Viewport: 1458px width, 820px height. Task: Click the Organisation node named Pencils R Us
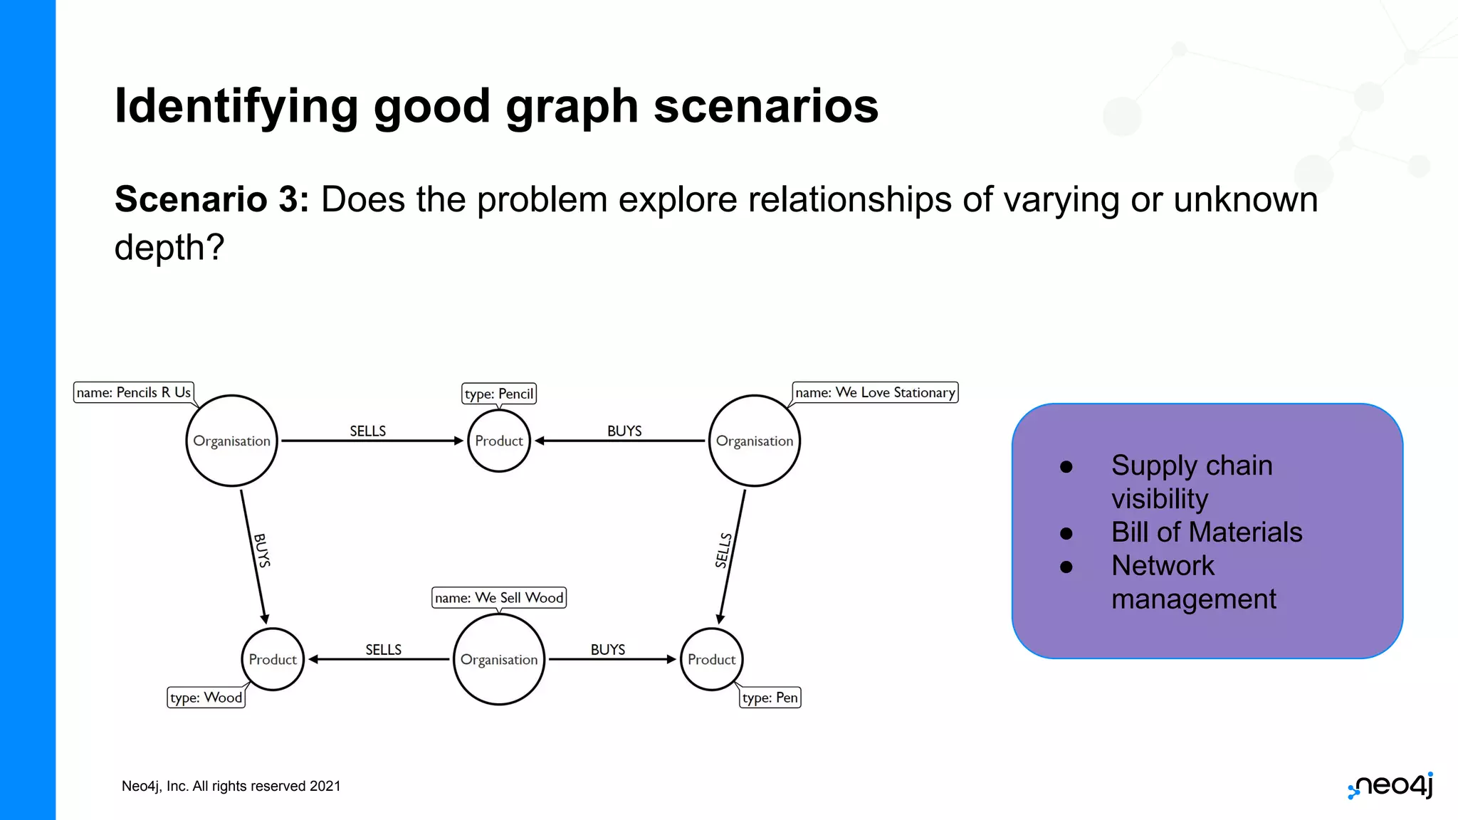[x=231, y=441]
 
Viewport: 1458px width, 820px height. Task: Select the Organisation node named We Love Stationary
[x=754, y=441]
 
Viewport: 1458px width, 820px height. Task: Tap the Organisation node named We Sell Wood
[x=498, y=659]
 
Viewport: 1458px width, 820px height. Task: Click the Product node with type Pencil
[x=498, y=441]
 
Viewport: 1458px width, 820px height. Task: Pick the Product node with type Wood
[x=272, y=659]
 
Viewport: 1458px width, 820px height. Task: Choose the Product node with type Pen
[x=711, y=659]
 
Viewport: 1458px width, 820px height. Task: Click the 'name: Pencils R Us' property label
[x=134, y=392]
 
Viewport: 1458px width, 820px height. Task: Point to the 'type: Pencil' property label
[x=498, y=394]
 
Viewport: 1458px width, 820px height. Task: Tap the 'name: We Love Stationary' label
[x=875, y=392]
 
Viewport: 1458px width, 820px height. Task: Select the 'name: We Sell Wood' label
[x=498, y=597]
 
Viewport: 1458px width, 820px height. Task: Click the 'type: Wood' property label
[x=206, y=698]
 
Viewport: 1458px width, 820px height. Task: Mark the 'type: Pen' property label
[x=770, y=698]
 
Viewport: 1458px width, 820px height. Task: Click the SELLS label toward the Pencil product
[x=367, y=431]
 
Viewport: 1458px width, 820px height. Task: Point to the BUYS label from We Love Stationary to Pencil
[x=624, y=431]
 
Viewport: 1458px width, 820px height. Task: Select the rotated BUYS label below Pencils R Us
[x=262, y=550]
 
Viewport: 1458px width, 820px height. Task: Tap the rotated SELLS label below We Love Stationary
[x=723, y=550]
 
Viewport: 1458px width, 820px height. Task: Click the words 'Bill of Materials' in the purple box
[x=1206, y=532]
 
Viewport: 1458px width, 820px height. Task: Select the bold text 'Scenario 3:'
[x=211, y=199]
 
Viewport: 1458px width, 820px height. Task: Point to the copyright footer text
[x=231, y=786]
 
